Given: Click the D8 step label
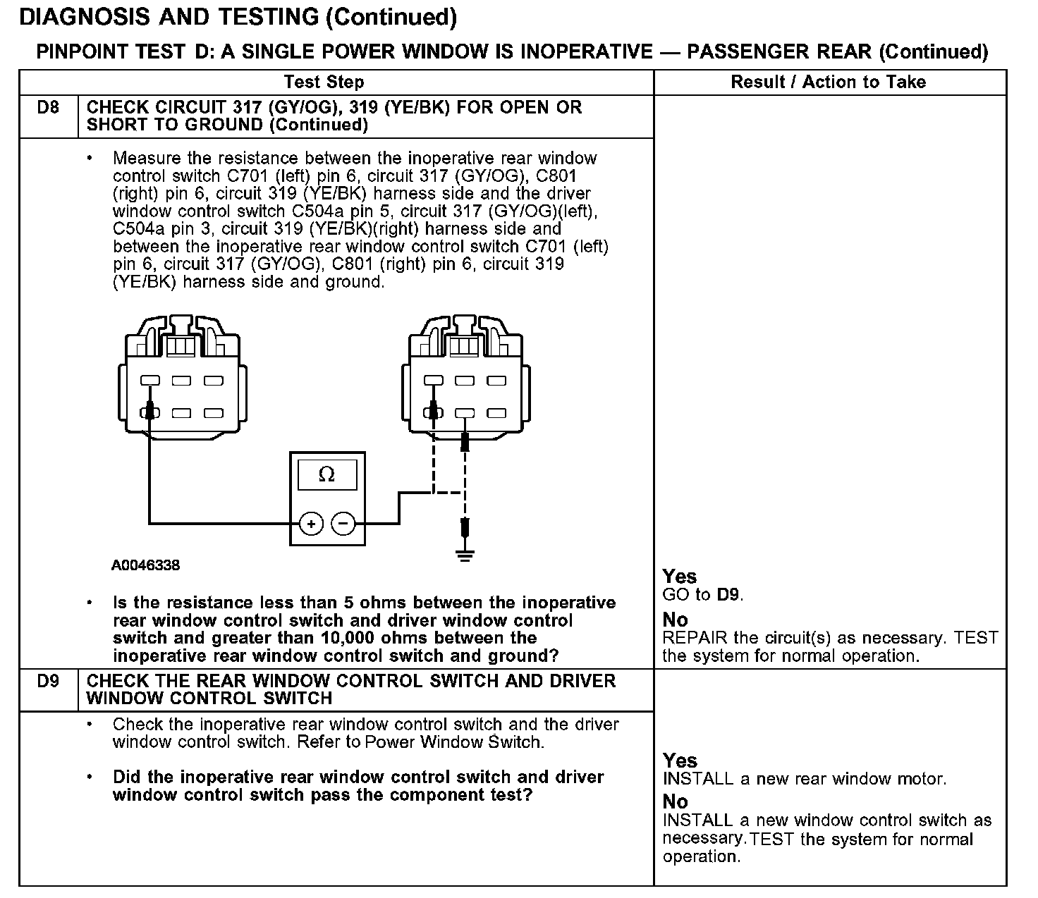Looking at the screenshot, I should tap(48, 108).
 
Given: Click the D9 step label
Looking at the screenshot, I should tap(48, 682).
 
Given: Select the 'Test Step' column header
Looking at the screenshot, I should tap(324, 82).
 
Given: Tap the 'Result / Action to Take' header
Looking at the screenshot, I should tap(828, 82).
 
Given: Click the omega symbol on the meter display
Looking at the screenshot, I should tap(326, 475).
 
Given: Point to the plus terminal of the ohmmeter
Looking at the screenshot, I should tap(312, 524).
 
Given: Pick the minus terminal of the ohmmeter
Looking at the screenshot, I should tap(343, 524).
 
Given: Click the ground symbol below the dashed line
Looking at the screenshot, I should tap(464, 556).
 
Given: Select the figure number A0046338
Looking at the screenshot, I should tap(145, 565).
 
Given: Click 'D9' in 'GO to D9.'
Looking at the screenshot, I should tap(728, 595).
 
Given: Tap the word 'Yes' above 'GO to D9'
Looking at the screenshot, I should tap(679, 577).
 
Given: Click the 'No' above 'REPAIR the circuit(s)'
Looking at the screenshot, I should tap(675, 620).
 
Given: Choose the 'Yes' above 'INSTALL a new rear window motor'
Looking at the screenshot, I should tap(680, 761).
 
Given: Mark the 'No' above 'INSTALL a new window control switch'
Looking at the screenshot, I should tap(675, 801).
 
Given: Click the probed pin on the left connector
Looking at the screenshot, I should tap(150, 413).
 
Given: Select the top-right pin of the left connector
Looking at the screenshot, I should tap(214, 381).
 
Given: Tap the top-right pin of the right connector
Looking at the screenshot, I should tap(496, 381).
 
